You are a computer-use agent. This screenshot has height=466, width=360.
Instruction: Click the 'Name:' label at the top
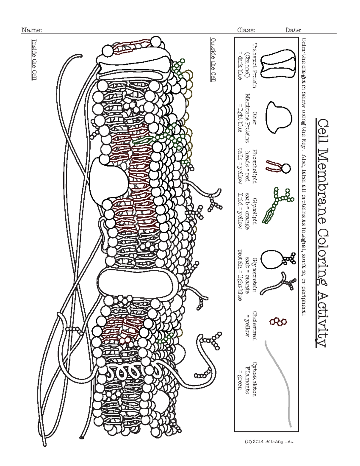coord(31,30)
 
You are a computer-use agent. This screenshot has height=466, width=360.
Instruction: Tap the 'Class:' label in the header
coord(246,30)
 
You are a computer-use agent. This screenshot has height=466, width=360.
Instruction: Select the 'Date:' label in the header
coord(293,30)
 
